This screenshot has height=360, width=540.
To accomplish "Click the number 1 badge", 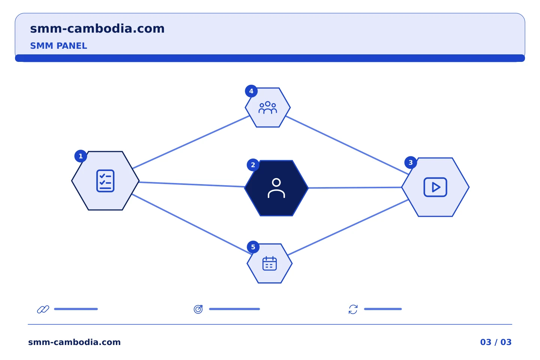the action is coord(81,156).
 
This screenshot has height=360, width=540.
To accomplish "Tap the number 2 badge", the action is coord(253,165).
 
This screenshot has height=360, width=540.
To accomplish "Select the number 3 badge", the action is coord(411,162).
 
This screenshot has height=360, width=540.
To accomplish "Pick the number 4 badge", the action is coord(251,91).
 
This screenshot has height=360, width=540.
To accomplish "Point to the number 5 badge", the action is coord(253,247).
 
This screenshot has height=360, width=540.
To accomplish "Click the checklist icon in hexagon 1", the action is coord(105,181).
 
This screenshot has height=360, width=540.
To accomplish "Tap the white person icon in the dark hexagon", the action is coord(276,188).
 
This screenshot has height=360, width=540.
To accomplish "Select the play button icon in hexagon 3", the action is coord(435,187).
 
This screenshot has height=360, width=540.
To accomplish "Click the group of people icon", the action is coord(268,108).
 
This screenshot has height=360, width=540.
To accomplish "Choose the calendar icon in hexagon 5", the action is coord(270,263).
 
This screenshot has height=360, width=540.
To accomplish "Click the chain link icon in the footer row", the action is coord(43,309).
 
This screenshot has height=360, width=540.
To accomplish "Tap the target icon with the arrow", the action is coord(198,309).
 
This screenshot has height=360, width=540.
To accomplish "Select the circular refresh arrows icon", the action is coord(353,309).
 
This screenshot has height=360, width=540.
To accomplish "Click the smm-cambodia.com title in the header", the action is coord(97,29).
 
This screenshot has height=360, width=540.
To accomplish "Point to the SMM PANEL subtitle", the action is coord(58,46).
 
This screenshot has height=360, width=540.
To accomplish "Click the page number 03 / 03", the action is coord(496,342).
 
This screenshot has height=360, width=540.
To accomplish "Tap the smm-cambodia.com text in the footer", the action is coord(74,342).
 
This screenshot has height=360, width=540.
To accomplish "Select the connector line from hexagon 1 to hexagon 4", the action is coord(191,142).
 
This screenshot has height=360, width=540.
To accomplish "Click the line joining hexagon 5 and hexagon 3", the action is coord(348,227).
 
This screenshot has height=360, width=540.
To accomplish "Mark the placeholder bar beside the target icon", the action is coord(234,309).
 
